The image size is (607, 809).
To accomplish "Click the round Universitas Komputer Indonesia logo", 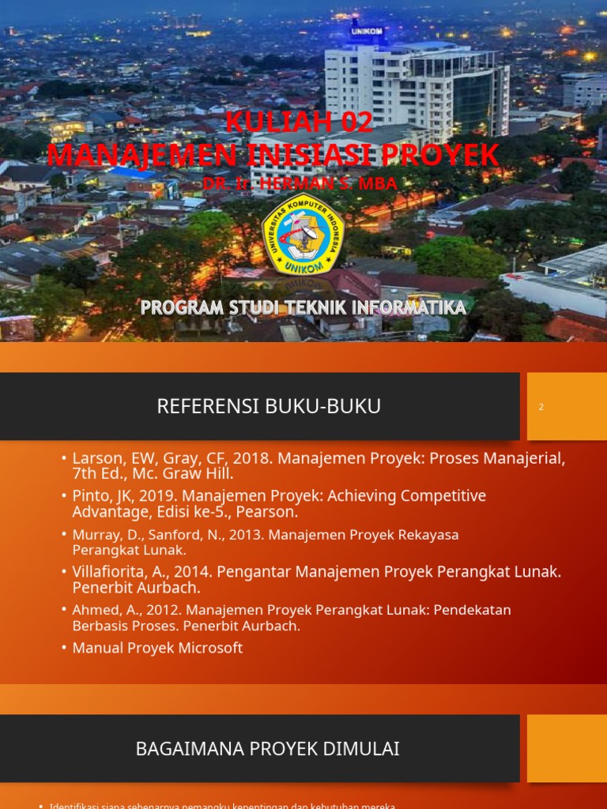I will tap(303, 230).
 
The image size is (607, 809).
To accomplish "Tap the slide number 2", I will tap(541, 407).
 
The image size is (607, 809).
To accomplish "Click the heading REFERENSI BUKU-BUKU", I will tap(269, 406).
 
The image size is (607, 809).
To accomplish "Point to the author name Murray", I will tap(96, 535).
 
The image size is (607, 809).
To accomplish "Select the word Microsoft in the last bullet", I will tap(209, 648).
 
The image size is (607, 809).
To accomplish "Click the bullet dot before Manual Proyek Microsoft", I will tap(63, 648).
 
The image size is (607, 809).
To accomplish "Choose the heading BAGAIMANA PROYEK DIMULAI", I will tap(267, 748).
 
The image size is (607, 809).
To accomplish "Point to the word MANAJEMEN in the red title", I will tap(123, 155).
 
